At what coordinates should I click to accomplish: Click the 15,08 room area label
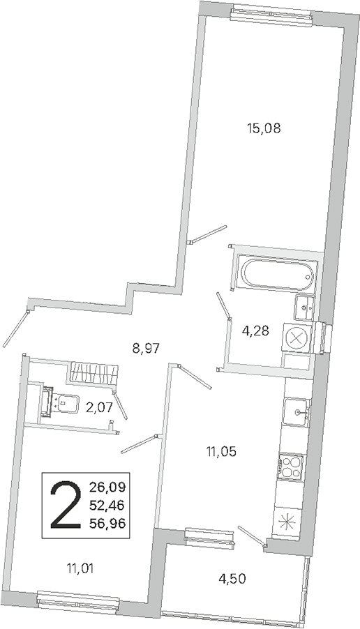click(264, 129)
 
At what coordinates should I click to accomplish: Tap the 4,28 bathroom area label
click(255, 331)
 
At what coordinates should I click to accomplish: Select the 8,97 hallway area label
click(146, 348)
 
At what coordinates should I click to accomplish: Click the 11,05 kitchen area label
click(221, 452)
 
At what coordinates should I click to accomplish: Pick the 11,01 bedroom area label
click(82, 568)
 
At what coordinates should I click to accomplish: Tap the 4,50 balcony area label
click(232, 579)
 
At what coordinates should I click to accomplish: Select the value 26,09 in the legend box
click(107, 488)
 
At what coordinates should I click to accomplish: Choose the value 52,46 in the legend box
click(107, 506)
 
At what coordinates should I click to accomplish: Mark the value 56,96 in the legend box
click(107, 523)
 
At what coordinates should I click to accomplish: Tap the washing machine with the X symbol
click(298, 337)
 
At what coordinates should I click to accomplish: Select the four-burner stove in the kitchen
click(292, 467)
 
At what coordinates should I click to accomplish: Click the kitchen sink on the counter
click(297, 411)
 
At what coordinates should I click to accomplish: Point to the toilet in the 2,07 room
click(61, 403)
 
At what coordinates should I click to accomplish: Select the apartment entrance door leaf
click(15, 329)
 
